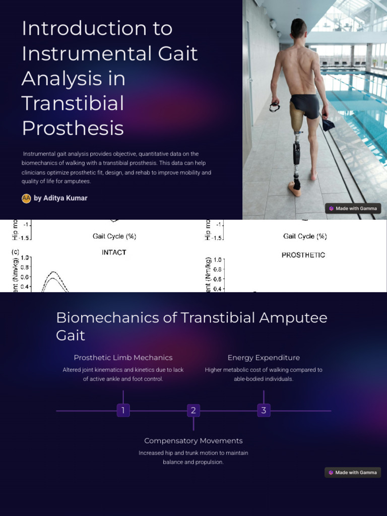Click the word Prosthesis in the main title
coord(73,128)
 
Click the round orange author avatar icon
coord(26,198)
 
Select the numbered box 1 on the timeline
coord(123,410)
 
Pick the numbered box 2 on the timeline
coord(193,410)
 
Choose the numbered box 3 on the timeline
coord(264,410)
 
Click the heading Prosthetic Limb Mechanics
coord(123,358)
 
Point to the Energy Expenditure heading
coord(264,358)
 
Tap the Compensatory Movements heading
coord(193,441)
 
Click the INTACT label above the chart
coord(114,252)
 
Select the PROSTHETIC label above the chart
coord(303,255)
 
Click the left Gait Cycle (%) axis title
coord(114,236)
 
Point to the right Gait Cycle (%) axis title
coord(305,236)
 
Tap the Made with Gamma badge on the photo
coord(353,208)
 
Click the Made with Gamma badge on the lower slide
coord(353,472)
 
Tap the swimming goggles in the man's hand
coord(275,106)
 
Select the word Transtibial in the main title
coord(73,103)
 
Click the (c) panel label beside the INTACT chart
coord(15,251)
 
